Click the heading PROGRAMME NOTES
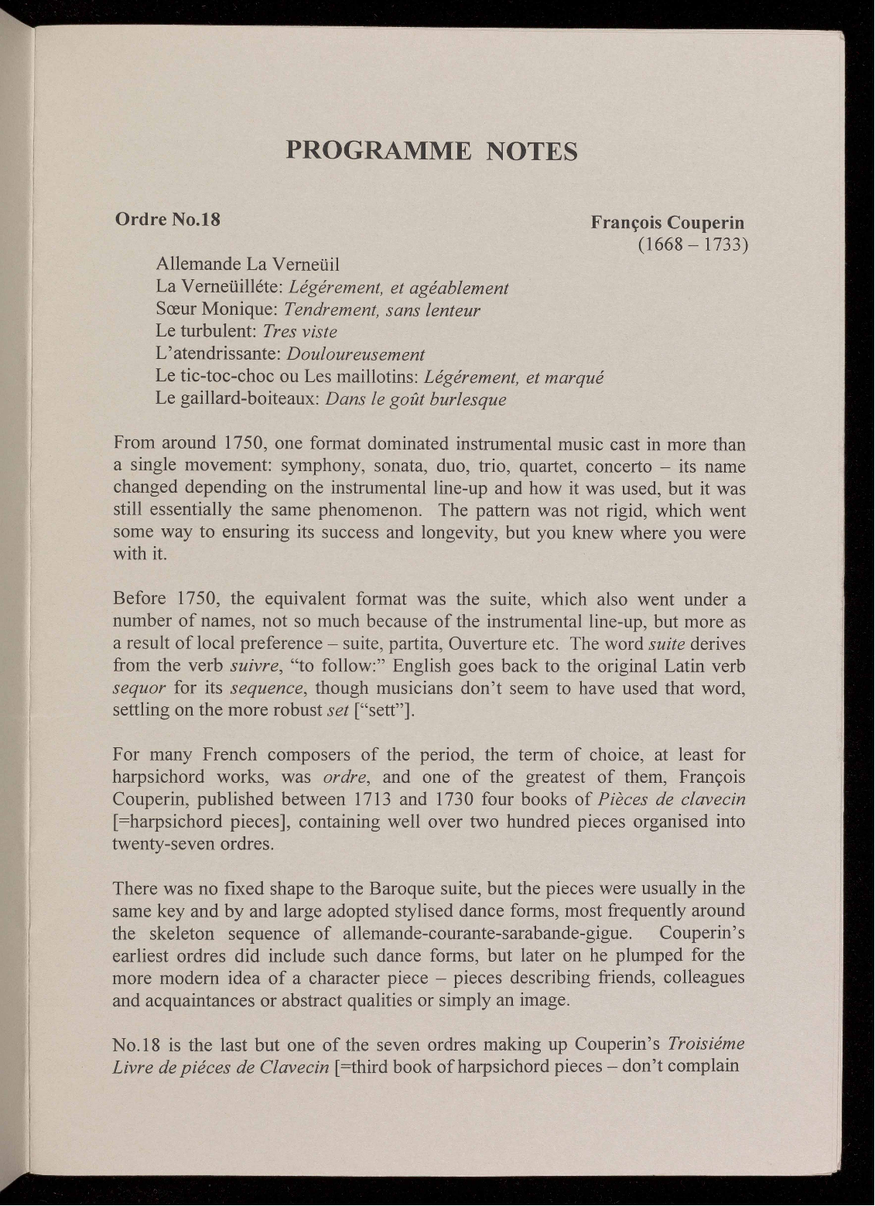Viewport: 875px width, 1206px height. [x=432, y=149]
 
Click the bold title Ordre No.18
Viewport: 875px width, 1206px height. [x=167, y=220]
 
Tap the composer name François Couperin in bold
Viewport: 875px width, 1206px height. [x=667, y=223]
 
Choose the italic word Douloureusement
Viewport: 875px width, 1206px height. [x=355, y=354]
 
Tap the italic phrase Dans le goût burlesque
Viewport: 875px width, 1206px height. [x=416, y=399]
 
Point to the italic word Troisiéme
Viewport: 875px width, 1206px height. [x=706, y=1044]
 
